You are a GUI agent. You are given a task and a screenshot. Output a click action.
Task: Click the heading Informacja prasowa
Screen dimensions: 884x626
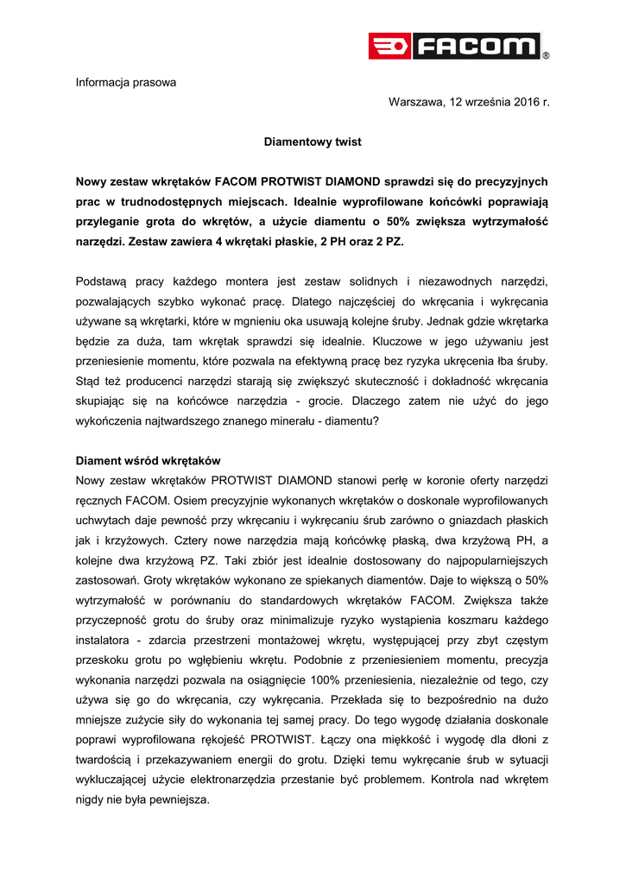[x=126, y=83]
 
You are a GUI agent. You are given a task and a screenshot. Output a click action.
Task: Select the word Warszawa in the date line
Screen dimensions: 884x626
[x=416, y=102]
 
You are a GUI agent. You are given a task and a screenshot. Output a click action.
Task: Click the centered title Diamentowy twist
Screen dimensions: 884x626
[x=313, y=141]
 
